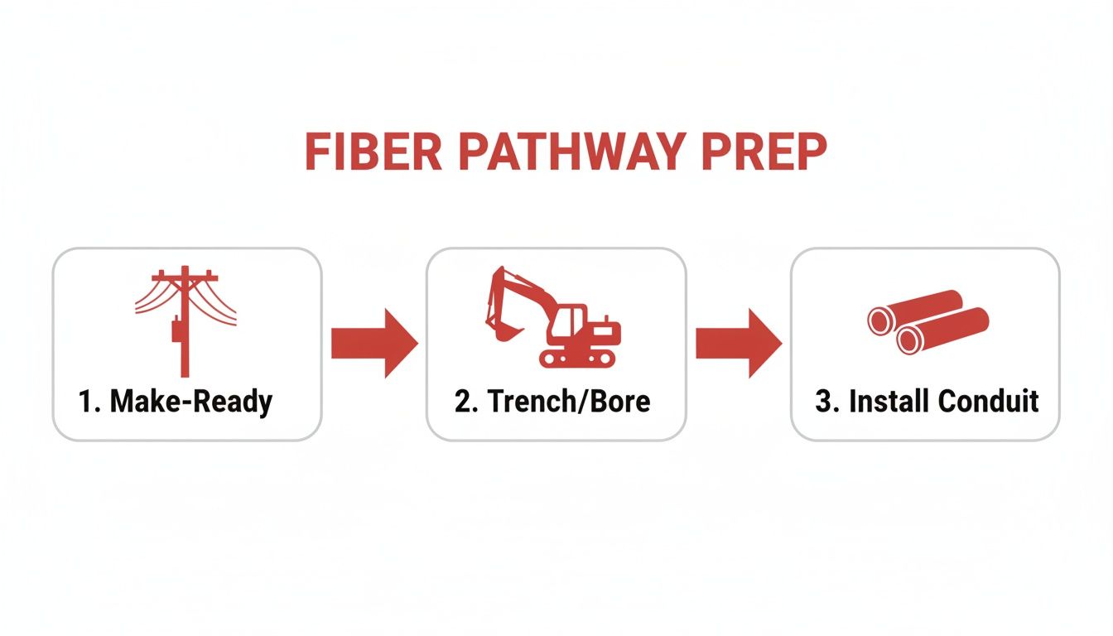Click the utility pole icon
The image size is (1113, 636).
pos(185,320)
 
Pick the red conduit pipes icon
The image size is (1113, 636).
pos(927,322)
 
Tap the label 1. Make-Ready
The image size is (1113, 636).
pos(176,402)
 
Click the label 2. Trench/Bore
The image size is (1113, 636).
pos(552,402)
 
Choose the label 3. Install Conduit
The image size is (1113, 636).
pos(927,402)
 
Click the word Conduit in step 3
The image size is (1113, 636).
pos(990,402)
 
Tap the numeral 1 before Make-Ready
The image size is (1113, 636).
pos(84,402)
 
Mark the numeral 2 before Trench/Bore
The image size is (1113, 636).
pos(462,402)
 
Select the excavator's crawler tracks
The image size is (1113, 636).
pos(578,358)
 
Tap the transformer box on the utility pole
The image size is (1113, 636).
pos(176,330)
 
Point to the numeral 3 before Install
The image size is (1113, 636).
pos(823,402)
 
